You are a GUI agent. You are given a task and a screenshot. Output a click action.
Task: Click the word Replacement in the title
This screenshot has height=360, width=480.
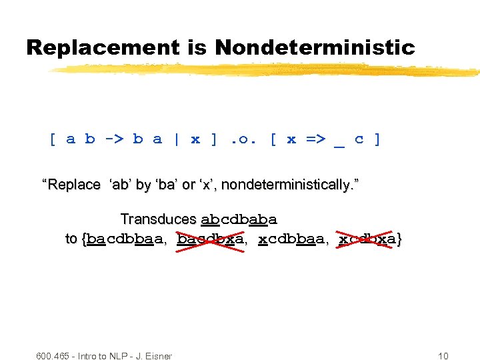point(103,48)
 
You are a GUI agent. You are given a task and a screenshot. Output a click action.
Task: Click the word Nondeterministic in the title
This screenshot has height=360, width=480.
point(315,48)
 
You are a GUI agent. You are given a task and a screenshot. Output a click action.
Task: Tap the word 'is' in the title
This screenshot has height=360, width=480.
point(197,48)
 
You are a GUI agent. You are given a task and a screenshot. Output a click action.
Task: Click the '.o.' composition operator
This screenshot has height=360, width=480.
point(243,139)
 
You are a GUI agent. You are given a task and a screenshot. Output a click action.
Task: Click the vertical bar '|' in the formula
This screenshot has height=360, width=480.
point(177,139)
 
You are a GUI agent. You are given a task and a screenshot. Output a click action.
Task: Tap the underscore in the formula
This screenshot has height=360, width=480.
point(339,141)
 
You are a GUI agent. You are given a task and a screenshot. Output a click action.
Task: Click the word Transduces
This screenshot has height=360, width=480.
point(158,219)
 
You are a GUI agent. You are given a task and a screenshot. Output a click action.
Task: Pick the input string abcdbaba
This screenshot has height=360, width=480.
point(239,219)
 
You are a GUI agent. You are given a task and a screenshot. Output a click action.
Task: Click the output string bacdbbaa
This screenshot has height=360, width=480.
point(125,239)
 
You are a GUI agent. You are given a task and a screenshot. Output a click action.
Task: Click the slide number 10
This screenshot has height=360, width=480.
point(443,356)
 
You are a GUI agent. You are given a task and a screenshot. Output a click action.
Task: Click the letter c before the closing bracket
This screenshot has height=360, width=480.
point(359,139)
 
